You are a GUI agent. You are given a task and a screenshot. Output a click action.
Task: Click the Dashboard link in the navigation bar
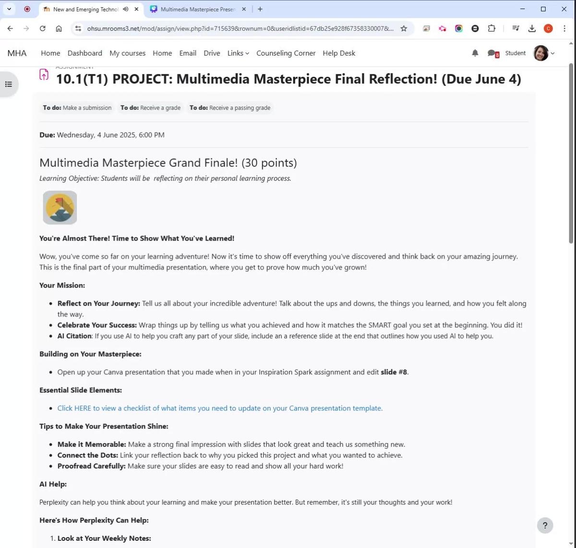84,53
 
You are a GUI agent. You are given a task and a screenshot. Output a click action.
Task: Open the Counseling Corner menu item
286,53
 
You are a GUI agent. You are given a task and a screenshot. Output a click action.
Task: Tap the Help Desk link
339,53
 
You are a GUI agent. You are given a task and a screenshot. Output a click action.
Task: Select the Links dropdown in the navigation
238,53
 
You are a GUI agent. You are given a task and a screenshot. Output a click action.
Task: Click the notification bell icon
475,53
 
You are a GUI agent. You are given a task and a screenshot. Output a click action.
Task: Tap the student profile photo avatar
541,53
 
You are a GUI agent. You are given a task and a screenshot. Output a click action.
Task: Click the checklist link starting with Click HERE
220,408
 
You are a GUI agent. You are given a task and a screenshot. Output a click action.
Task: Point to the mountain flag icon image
60,207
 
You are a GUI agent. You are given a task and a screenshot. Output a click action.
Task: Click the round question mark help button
545,525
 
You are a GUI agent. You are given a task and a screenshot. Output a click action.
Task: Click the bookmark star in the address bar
404,29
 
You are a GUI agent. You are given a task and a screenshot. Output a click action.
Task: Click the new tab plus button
260,9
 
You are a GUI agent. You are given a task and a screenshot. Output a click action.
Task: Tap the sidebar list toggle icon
9,84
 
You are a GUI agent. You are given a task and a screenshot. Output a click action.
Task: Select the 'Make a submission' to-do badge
77,108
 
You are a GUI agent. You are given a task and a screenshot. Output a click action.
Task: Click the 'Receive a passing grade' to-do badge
230,108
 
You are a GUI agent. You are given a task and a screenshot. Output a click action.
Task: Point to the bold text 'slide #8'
394,372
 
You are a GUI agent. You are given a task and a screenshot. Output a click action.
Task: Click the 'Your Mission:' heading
62,286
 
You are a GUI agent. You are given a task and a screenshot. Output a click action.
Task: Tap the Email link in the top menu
188,53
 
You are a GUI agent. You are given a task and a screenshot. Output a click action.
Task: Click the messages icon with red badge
492,53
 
